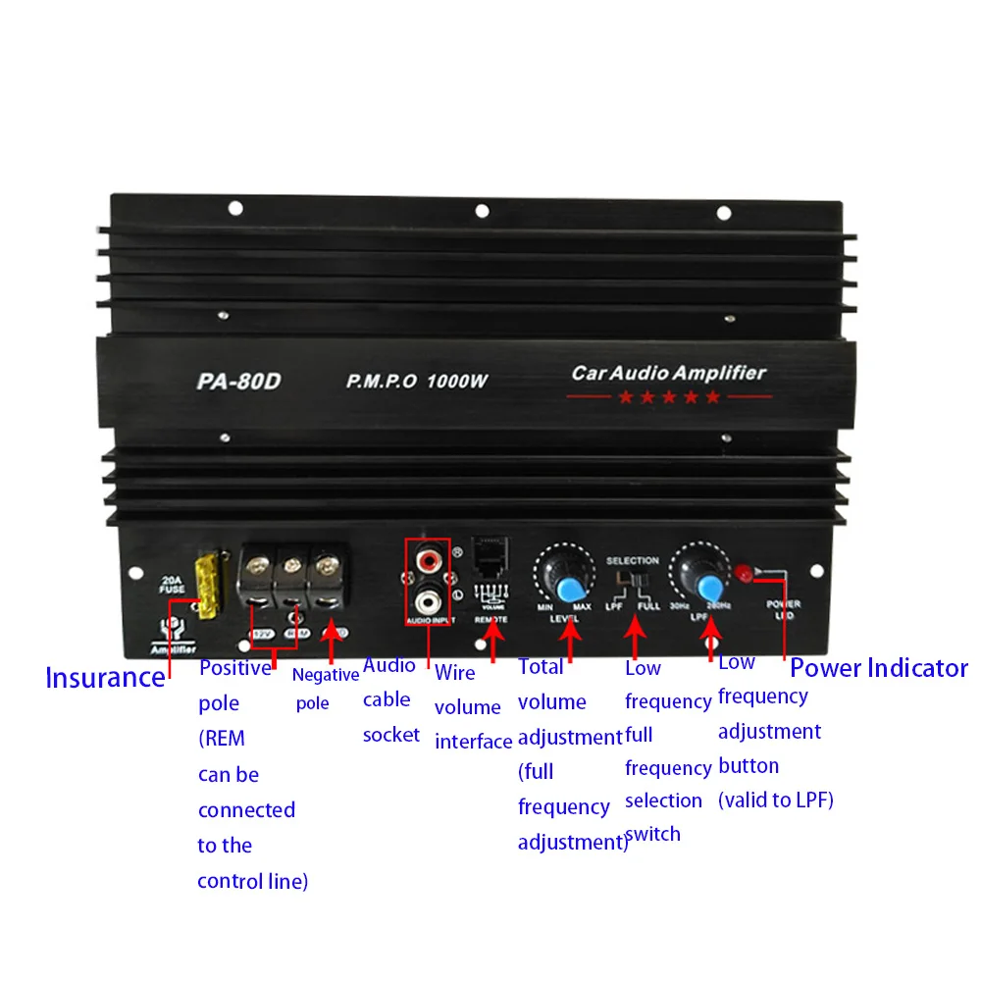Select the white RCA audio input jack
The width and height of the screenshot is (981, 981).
coord(429,596)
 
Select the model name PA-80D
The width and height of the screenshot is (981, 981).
coord(238,382)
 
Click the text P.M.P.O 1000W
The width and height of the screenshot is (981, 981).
coord(416,382)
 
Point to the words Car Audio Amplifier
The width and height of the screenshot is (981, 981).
coord(668,373)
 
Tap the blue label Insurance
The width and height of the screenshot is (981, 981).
coord(105,677)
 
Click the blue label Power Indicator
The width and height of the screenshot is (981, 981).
coord(878,668)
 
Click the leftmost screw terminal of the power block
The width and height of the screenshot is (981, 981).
coord(262,566)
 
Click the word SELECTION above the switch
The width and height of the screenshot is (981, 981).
coord(633,560)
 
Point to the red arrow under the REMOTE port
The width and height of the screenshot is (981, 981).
coord(492,647)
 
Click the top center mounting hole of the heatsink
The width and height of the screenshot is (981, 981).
coord(482,210)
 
